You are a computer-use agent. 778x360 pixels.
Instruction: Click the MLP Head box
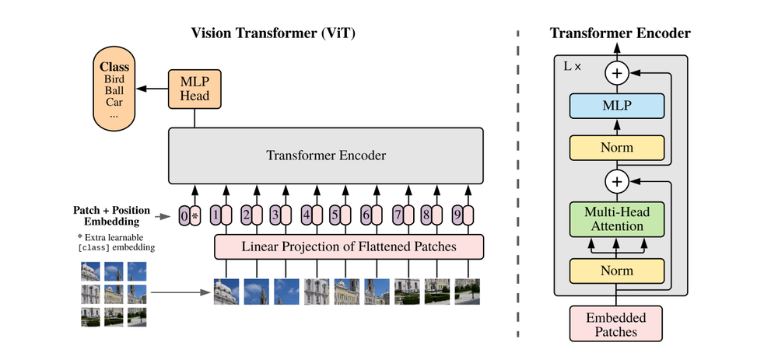[x=194, y=89]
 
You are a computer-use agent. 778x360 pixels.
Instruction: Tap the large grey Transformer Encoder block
[x=326, y=155]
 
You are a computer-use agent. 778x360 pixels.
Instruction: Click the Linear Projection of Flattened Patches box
[x=349, y=246]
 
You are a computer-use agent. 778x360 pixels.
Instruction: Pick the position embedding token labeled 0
[x=184, y=215]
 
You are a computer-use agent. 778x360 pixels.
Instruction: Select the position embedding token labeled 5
[x=335, y=215]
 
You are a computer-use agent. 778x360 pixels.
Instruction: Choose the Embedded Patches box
[x=616, y=324]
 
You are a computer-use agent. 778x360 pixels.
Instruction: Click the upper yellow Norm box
[x=616, y=147]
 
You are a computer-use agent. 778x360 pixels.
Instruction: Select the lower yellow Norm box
[x=616, y=271]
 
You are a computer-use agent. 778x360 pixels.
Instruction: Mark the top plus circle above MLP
[x=616, y=73]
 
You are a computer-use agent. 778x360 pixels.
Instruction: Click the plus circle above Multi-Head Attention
[x=616, y=181]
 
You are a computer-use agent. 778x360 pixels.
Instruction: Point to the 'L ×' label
[x=573, y=67]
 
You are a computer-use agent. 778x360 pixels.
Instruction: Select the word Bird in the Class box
[x=114, y=79]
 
